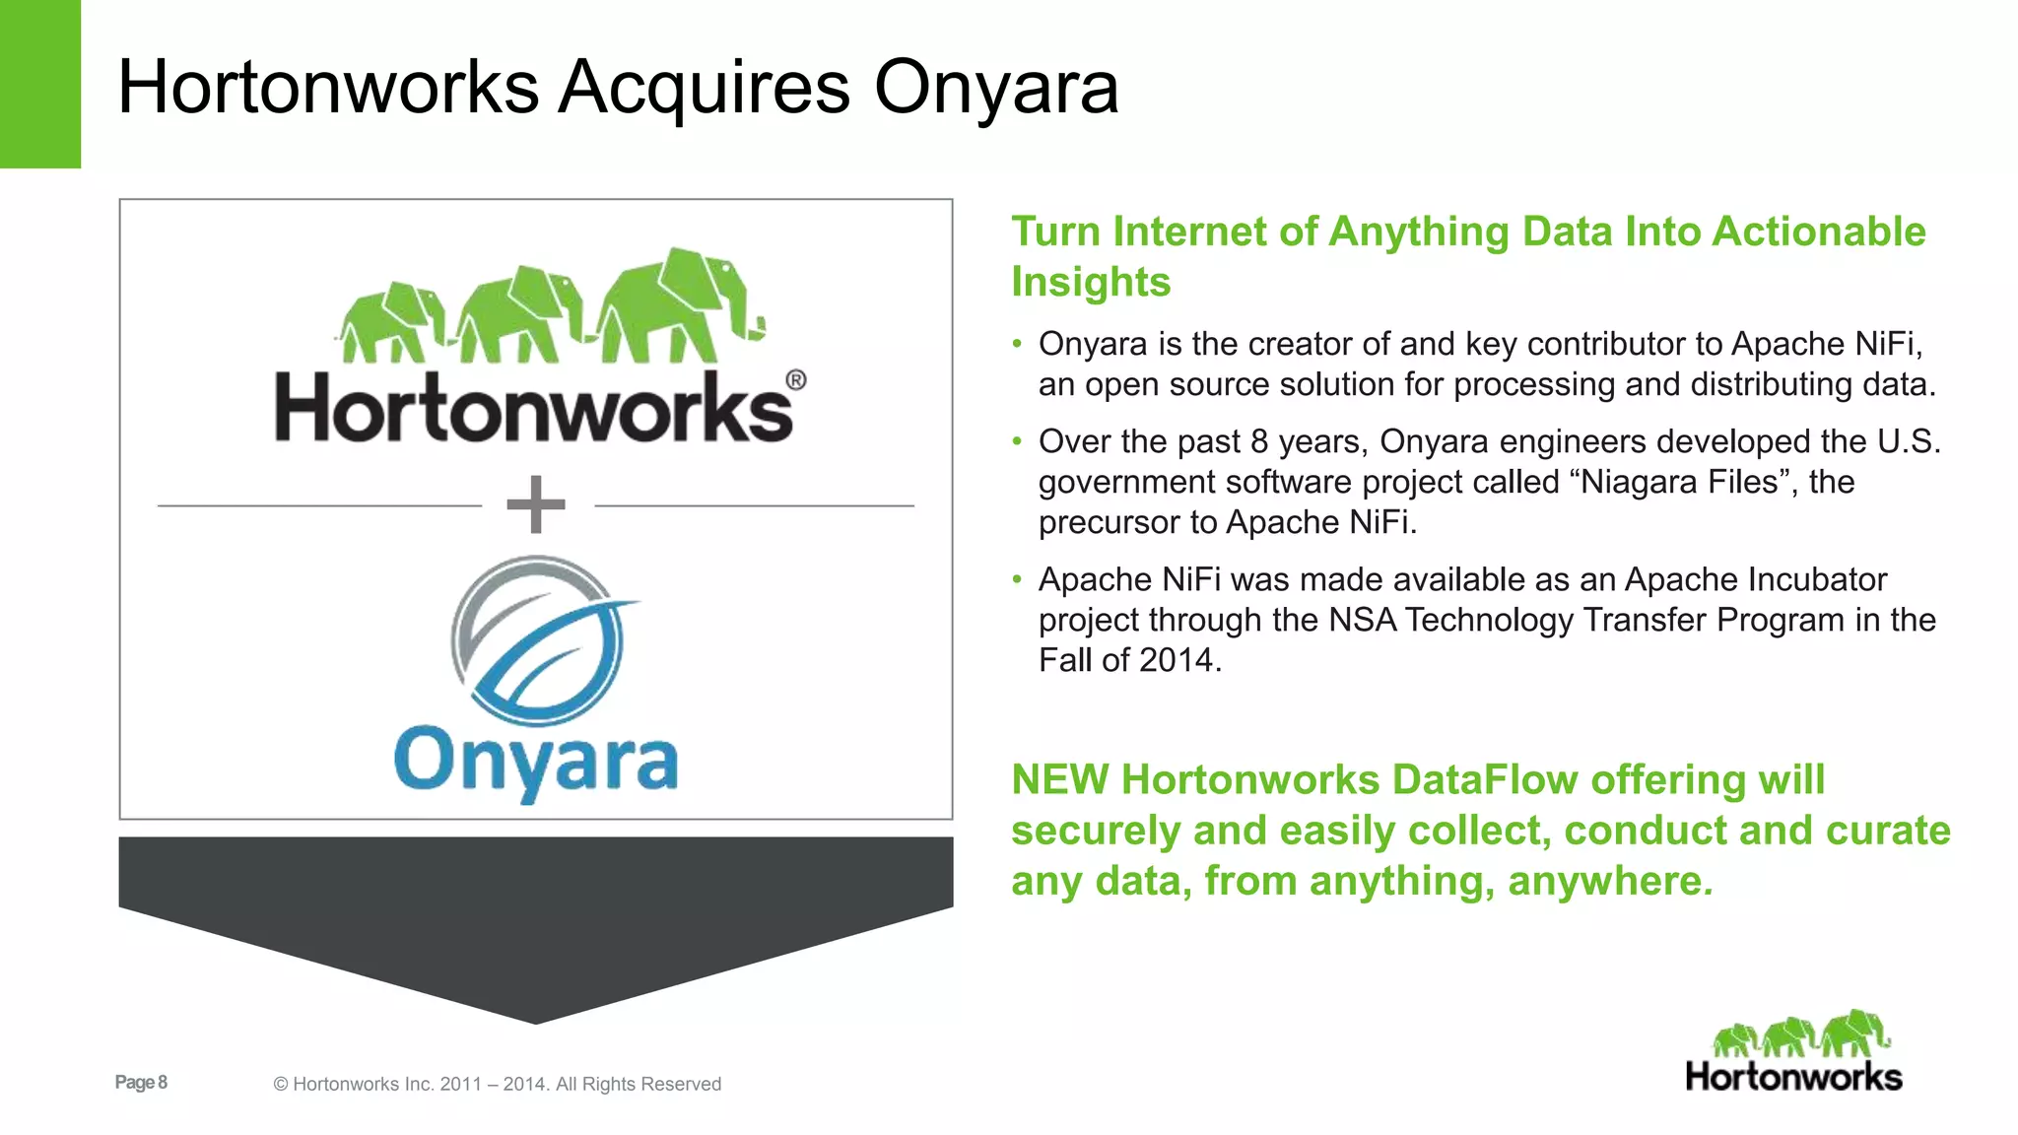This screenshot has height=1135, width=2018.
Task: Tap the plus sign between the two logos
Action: [x=535, y=504]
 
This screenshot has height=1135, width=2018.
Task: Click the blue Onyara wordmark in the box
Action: [x=536, y=762]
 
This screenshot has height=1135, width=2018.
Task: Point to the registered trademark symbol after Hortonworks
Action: [x=795, y=380]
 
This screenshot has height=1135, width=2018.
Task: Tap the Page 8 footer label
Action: [x=141, y=1082]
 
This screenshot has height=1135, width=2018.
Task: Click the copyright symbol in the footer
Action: [x=281, y=1085]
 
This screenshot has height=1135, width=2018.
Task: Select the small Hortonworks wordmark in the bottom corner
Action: [x=1793, y=1077]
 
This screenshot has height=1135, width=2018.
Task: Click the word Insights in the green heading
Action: [x=1091, y=282]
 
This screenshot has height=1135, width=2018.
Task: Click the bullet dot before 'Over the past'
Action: [x=1018, y=441]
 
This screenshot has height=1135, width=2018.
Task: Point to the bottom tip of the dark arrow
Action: [x=536, y=1020]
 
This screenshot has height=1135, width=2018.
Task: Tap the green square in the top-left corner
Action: [x=40, y=84]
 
